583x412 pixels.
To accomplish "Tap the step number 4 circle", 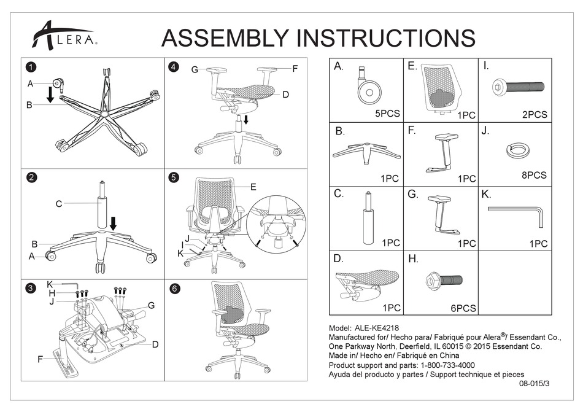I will tap(174, 67).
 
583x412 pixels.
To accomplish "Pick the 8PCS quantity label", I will tap(533, 175).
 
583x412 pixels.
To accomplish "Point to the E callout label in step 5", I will tap(253, 187).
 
